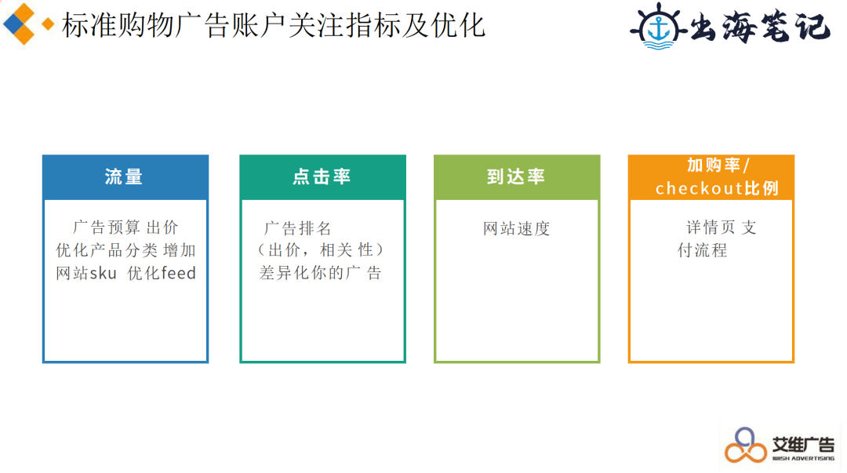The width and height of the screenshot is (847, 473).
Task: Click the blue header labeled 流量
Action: click(x=125, y=177)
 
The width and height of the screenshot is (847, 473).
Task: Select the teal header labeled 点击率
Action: click(x=322, y=177)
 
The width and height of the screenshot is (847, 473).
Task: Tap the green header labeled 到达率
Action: click(x=517, y=177)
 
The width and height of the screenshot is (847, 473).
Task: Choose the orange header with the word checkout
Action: click(x=711, y=177)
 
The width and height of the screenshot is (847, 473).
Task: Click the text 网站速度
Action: click(x=516, y=229)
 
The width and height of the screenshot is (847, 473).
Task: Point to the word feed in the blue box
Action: click(x=179, y=273)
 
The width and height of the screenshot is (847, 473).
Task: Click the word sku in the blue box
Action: click(x=104, y=274)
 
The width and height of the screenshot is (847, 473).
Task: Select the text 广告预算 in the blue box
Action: click(x=107, y=227)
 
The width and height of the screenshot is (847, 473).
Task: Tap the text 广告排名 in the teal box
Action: click(x=298, y=228)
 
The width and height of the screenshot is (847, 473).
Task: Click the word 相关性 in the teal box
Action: click(x=347, y=249)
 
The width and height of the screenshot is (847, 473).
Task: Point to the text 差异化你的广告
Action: click(x=320, y=273)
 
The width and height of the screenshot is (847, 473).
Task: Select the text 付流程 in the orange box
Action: click(x=702, y=250)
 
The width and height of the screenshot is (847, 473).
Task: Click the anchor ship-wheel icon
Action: click(x=659, y=27)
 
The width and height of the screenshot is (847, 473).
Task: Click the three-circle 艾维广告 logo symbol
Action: click(x=746, y=446)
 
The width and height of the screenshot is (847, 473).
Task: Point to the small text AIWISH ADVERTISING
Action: click(x=803, y=458)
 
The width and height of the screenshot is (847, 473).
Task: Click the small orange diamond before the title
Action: click(x=48, y=24)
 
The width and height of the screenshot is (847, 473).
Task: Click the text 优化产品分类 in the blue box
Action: click(x=107, y=250)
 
